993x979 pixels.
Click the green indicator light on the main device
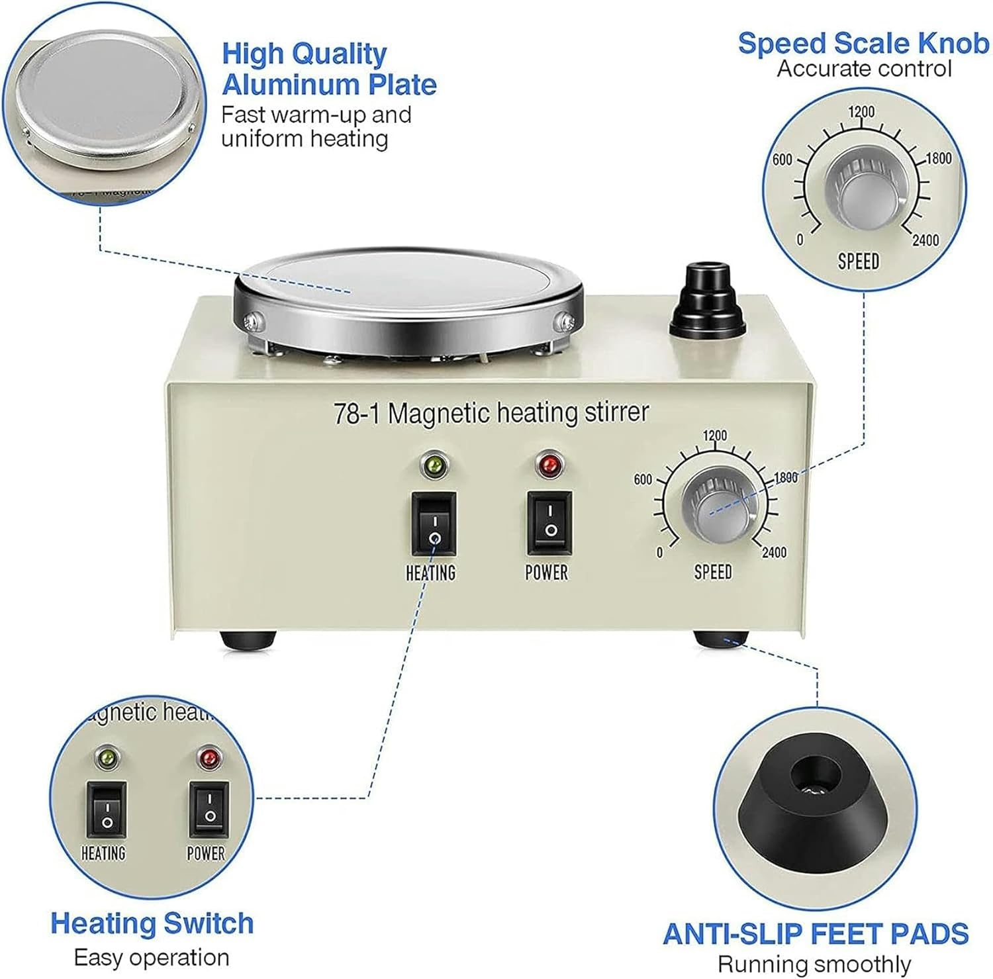434,465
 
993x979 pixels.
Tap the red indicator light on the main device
549,465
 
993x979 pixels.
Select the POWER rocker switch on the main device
549,522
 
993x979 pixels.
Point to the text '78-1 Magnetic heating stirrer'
491,412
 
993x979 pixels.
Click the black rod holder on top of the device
708,301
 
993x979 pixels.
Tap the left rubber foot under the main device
248,639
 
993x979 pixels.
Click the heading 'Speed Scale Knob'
863,43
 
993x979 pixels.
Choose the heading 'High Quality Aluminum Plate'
329,69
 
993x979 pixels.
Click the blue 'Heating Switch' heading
152,923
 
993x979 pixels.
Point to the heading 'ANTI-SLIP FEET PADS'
816,933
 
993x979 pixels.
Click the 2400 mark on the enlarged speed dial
925,240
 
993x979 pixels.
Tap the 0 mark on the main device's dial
659,553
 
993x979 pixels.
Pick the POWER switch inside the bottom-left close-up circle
209,809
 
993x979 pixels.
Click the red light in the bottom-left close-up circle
209,758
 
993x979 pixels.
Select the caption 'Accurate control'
864,69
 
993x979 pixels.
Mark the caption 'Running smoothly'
814,964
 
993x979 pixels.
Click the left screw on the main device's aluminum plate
252,322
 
